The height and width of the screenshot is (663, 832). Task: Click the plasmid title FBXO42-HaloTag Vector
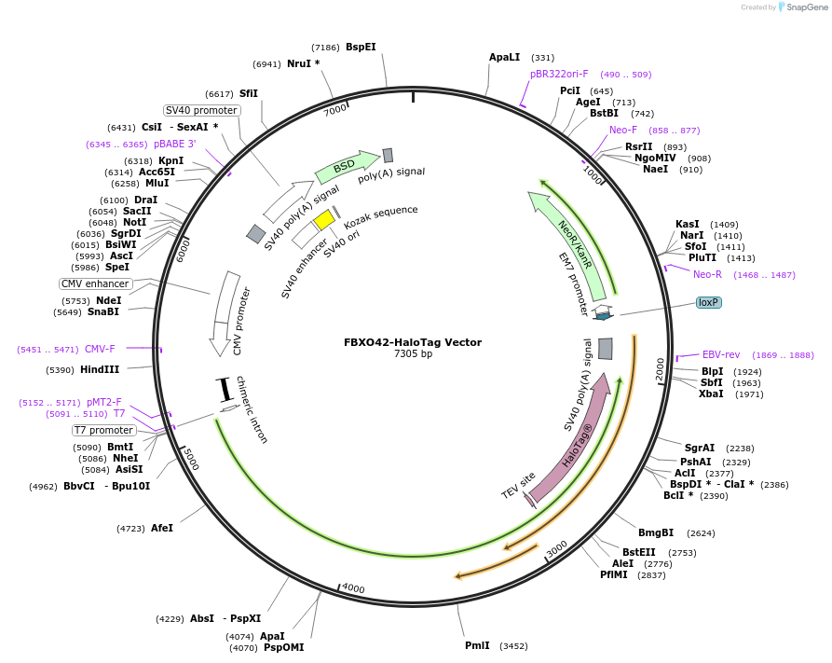413,342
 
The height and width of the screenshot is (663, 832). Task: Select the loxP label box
709,302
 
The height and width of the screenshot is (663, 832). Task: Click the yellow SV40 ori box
323,219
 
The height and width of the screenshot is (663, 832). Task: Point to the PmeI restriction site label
478,645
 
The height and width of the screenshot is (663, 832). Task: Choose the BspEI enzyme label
361,47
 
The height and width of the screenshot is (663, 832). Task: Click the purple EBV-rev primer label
720,354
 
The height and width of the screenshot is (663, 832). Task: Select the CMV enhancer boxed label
95,283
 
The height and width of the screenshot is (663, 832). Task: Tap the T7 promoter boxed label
104,430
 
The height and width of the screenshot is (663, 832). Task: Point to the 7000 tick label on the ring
335,109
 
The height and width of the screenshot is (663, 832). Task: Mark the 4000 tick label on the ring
352,588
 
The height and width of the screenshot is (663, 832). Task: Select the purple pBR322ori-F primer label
559,74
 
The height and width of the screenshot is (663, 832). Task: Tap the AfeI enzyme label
162,528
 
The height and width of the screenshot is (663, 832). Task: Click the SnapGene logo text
806,7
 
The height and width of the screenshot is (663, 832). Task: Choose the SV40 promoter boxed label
201,110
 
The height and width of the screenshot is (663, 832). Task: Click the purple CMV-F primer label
100,349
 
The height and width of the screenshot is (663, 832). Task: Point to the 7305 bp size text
413,354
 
